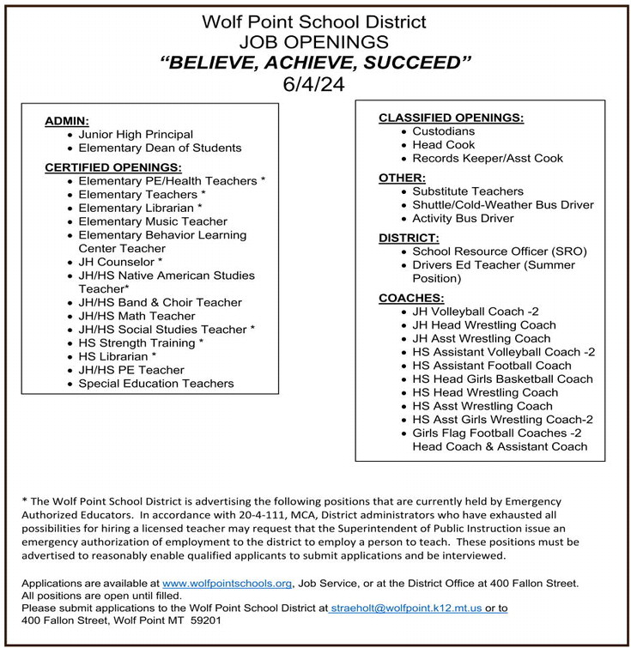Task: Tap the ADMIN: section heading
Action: pos(67,121)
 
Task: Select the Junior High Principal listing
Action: pos(136,135)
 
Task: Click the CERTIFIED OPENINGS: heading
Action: pos(112,167)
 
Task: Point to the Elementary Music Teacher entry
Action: pos(153,221)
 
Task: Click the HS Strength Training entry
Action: pos(141,342)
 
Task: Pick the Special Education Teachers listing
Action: pos(155,384)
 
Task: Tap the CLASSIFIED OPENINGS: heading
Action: pos(451,118)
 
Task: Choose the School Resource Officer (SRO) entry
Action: pos(499,251)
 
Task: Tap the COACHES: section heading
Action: pos(411,298)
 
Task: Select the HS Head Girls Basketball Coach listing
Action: pos(502,379)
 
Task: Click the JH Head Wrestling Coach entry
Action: pos(483,325)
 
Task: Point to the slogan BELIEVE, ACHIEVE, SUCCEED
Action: pos(316,62)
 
